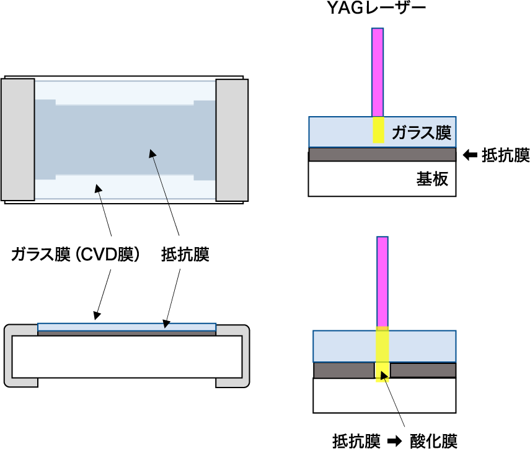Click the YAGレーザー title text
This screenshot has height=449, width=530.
point(376,8)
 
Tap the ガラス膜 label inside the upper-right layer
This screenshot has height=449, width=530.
point(422,132)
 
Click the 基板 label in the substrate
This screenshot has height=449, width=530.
point(432,179)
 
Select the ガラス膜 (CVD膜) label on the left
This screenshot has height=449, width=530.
point(75,254)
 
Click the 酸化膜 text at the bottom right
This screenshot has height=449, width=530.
point(433,441)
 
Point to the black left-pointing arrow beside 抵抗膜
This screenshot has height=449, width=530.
point(470,155)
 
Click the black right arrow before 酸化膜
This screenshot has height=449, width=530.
point(394,441)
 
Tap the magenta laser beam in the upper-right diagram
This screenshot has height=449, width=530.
point(378,73)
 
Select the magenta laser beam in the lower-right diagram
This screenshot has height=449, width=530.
point(382,281)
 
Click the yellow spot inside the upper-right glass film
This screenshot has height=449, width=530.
point(379,130)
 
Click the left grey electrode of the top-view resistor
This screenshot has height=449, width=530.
point(18,140)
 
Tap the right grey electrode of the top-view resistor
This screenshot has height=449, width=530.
point(232,140)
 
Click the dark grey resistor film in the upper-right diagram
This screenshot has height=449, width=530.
point(382,155)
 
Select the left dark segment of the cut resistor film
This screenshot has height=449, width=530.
point(344,371)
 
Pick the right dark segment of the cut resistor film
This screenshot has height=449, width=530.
point(423,371)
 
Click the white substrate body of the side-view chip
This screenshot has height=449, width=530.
point(126,356)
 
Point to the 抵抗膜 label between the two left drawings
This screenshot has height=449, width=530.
point(185,254)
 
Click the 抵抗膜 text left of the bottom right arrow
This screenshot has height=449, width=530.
point(356,441)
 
